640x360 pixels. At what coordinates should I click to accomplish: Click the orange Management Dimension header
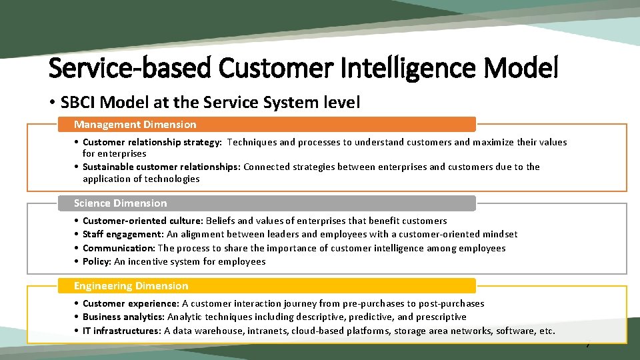(135, 125)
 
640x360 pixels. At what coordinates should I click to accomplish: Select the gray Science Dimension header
(121, 203)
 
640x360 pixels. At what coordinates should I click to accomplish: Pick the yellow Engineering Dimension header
(131, 286)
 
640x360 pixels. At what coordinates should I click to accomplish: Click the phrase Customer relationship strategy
(153, 142)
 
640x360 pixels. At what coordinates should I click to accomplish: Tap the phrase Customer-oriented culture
(142, 221)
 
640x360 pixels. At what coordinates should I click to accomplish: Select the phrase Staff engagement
(122, 234)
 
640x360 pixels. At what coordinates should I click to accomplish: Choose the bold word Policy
(96, 261)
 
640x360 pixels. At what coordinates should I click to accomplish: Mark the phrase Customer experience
(130, 303)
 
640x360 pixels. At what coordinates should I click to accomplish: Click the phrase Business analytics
(123, 317)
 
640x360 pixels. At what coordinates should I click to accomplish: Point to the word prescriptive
(442, 317)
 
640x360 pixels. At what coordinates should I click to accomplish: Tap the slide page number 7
(587, 345)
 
